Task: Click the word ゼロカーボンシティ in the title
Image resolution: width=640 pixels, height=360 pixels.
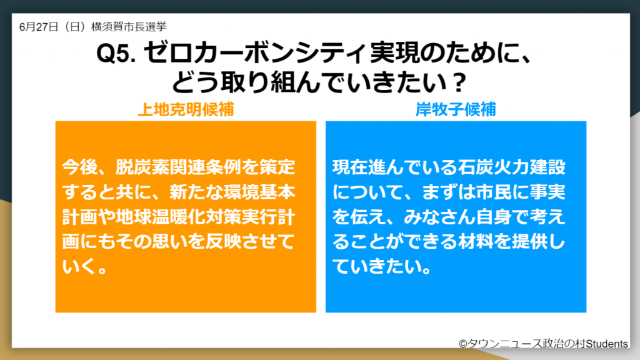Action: (252, 55)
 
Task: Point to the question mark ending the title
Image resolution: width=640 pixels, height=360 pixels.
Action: (459, 81)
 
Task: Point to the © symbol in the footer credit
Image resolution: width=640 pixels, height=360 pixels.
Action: (462, 343)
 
